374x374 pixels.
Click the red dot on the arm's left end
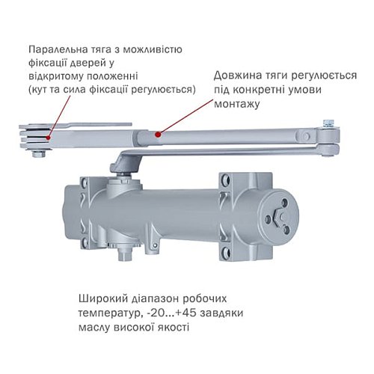(49, 137)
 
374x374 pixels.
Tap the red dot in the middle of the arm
(157, 133)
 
